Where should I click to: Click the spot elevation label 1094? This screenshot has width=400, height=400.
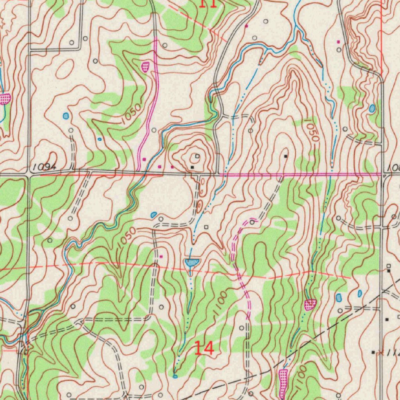44,167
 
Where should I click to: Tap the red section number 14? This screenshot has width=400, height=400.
204,348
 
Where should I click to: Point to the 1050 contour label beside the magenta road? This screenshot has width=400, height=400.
130,114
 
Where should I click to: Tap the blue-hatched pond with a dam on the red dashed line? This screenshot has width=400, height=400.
191,262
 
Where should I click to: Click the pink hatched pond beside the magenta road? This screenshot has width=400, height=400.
145,66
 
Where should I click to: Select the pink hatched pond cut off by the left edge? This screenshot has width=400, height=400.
5,98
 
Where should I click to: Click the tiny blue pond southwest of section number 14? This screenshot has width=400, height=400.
175,376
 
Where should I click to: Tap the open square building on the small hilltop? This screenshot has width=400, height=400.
197,156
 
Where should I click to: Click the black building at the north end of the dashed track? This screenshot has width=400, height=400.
286,156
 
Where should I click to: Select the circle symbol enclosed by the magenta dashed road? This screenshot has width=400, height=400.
252,222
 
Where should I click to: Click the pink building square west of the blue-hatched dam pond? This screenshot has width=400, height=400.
161,257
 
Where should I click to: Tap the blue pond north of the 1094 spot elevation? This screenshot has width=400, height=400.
66,116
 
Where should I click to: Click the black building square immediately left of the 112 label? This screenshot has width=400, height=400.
373,352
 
